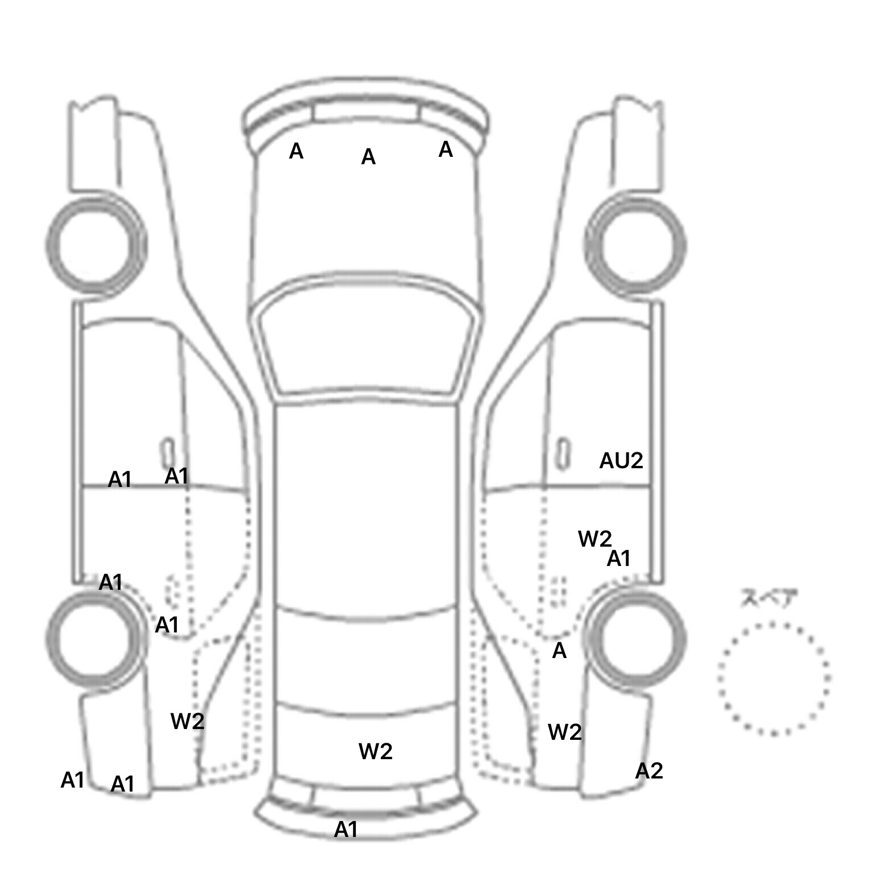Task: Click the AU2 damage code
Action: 621,460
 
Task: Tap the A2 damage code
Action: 648,771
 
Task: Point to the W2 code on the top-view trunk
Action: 375,752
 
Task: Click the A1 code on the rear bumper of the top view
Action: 346,830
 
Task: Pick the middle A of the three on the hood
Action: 368,157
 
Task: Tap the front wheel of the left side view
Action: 95,244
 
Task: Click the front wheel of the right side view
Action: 635,245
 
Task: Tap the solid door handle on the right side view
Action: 562,453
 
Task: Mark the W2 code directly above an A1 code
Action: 595,539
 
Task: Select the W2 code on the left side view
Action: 187,722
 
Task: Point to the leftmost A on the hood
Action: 296,151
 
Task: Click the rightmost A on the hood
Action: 446,149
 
